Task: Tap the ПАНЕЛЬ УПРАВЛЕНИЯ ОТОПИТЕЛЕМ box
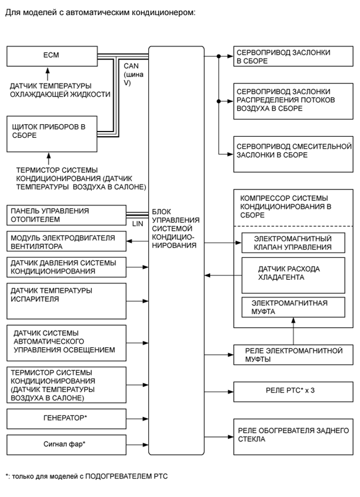pos(66,215)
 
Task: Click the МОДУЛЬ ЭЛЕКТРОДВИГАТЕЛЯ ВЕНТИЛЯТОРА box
pos(66,242)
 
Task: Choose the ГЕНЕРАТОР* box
pos(66,418)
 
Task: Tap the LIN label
pos(138,223)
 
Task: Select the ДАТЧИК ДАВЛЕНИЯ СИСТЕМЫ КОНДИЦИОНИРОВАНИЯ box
pos(66,267)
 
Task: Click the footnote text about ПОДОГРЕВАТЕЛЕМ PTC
pos(87,476)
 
